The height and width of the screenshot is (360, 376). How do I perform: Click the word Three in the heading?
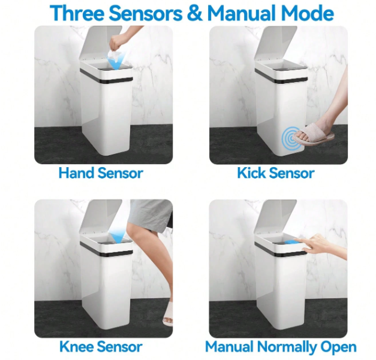(x=77, y=13)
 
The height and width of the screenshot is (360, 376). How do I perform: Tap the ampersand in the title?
(x=194, y=13)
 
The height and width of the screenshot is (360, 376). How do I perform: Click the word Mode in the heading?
(x=308, y=13)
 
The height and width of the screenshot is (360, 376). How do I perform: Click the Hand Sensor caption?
(x=101, y=173)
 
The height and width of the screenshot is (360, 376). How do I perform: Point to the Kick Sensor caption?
(x=276, y=173)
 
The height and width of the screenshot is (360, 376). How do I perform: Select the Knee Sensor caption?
(x=101, y=347)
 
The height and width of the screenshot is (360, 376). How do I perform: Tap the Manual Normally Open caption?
(x=281, y=347)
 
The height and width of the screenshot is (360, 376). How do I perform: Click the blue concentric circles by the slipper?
(x=289, y=138)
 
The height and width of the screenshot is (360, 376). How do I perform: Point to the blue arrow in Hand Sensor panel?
(x=116, y=61)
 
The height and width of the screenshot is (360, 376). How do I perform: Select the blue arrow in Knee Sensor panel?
(x=118, y=235)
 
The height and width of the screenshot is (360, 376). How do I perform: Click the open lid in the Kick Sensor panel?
(x=276, y=44)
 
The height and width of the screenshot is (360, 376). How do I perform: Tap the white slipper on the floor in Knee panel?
(x=168, y=314)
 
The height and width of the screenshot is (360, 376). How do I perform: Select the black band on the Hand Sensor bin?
(x=106, y=77)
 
